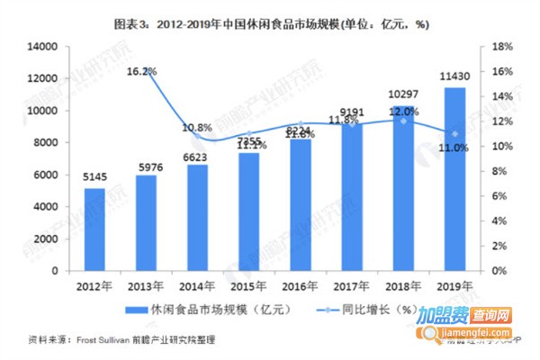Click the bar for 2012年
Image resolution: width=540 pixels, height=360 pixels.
click(x=95, y=229)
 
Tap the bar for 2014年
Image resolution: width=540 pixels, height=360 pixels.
click(x=198, y=217)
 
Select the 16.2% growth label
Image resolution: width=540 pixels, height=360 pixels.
click(x=142, y=71)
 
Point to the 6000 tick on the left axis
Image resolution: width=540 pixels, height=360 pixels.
click(x=47, y=175)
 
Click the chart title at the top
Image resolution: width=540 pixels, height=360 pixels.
click(x=270, y=24)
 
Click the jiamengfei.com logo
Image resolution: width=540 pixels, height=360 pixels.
click(x=478, y=325)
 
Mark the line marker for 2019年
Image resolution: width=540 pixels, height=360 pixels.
click(x=455, y=133)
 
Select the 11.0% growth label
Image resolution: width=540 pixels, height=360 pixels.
click(x=454, y=148)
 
